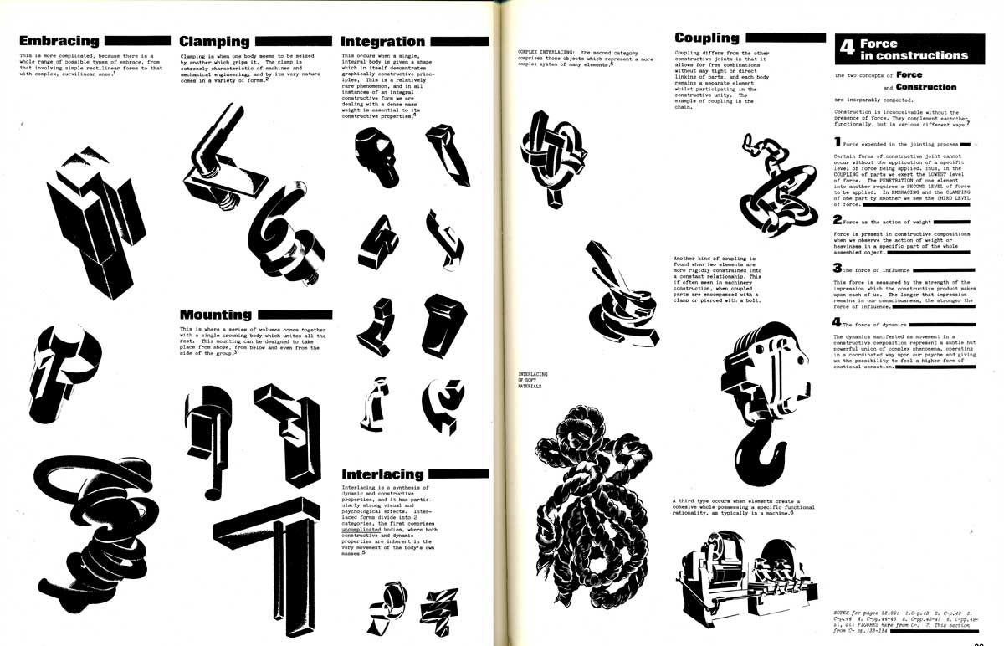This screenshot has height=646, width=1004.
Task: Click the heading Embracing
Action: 59,41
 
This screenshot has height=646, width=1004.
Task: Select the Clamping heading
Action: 215,41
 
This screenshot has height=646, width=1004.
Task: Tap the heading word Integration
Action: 383,41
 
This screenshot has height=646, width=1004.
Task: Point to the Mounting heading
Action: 216,315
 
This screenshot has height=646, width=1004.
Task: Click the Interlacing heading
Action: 383,474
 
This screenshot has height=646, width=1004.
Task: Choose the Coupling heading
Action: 707,38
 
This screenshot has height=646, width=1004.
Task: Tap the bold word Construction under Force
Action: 925,87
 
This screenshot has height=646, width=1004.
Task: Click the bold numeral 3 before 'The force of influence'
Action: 837,269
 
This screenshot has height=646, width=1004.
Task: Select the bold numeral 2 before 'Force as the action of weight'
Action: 837,219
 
